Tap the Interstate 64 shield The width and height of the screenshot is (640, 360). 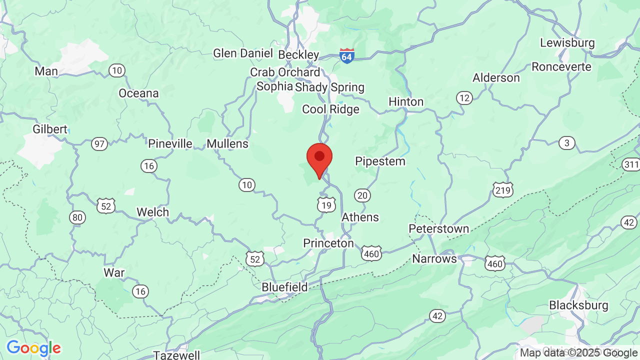pos(347,55)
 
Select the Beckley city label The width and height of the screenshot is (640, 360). pos(298,54)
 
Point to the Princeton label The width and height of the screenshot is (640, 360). pos(328,243)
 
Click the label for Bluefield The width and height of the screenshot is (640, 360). pos(285,287)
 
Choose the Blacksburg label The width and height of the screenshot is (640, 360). pos(578,305)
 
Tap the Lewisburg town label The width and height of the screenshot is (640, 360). pos(567,43)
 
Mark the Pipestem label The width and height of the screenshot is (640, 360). pos(380,161)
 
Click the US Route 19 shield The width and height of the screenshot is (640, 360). pos(326,205)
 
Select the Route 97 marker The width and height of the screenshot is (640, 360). pos(99,144)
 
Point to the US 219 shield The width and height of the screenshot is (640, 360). pos(502,189)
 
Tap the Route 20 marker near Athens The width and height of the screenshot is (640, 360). pos(362,195)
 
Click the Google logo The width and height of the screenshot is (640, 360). pos(33,348)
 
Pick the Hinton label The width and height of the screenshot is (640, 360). pos(406,101)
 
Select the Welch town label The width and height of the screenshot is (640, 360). pos(153,212)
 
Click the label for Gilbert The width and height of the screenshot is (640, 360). pos(50,129)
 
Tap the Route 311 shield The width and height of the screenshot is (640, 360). pos(631,164)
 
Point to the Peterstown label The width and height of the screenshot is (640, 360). pos(439,229)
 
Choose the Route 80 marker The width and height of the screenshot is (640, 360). pos(77,217)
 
